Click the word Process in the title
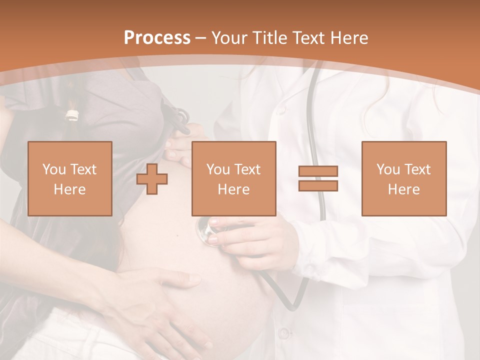157,38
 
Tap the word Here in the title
348,38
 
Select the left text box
69,178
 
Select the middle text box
233,178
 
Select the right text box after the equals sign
403,178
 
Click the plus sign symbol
152,179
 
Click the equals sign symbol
318,178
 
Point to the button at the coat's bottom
284,332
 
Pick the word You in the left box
54,169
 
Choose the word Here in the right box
403,189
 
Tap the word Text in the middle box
248,169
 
